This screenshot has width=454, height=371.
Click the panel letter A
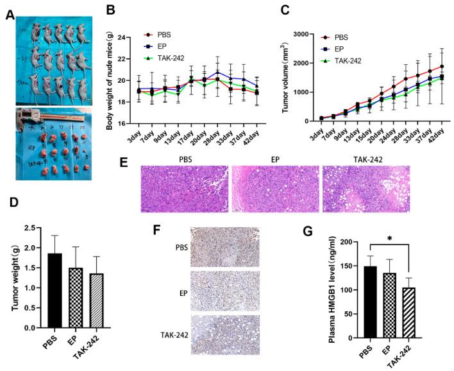[x=9, y=16]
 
